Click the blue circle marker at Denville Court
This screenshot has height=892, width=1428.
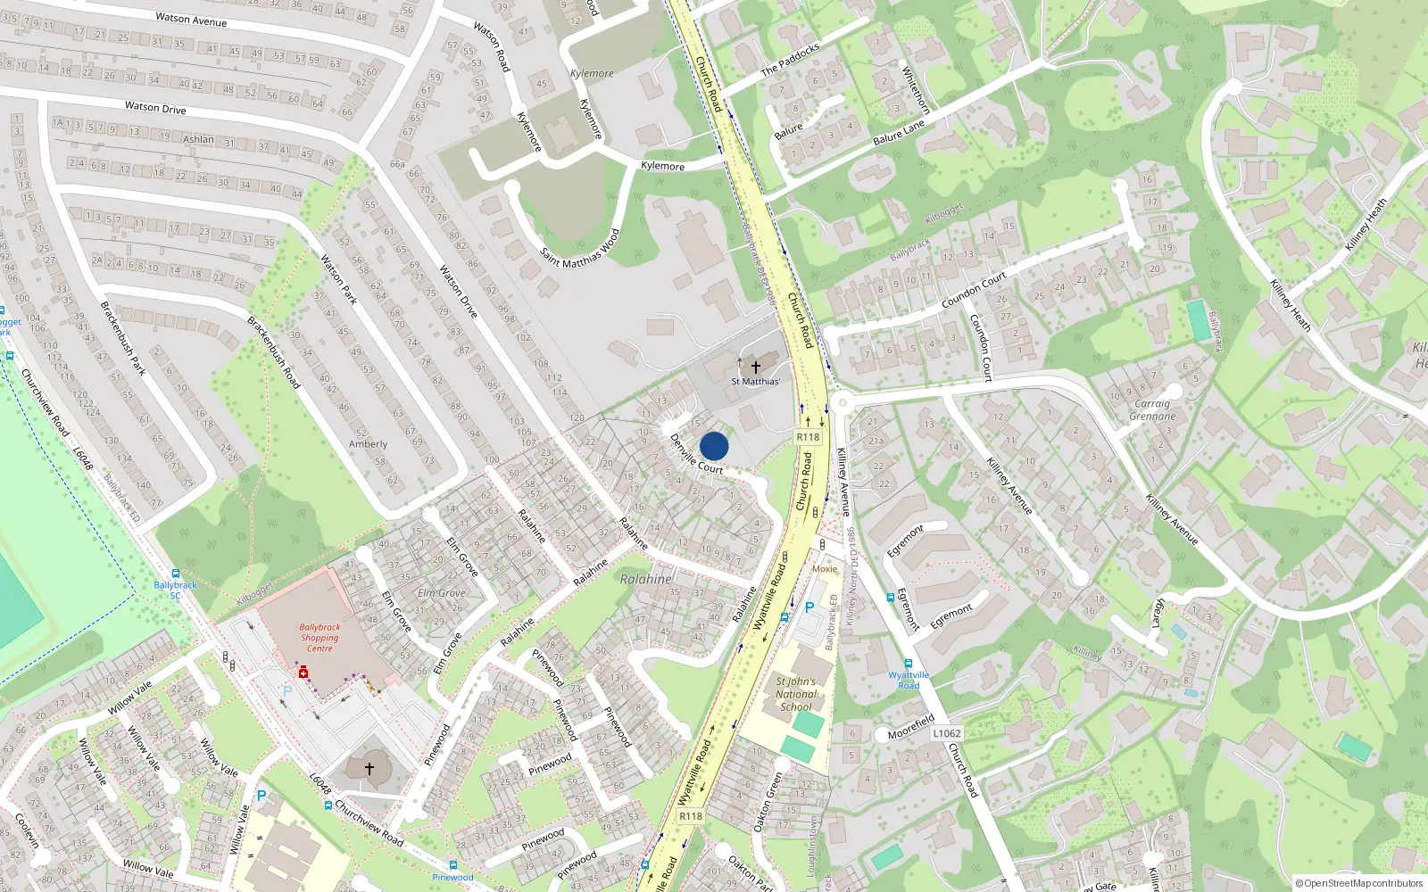714,446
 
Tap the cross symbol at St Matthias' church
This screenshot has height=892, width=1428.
756,367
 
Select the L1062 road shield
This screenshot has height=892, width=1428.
947,733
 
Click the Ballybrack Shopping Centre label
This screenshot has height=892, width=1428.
320,638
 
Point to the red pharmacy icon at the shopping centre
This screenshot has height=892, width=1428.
303,672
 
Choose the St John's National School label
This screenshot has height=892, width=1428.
796,694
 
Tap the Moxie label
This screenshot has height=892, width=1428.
825,569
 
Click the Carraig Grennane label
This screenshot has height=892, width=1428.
1152,409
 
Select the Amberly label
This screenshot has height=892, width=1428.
368,444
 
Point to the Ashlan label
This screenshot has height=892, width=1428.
198,139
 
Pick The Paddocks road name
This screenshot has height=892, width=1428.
790,60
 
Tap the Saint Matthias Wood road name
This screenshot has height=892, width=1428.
580,249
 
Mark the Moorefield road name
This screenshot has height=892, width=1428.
911,727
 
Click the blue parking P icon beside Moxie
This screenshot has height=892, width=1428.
809,607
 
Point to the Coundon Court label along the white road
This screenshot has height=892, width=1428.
974,291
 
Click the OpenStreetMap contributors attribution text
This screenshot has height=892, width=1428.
1359,883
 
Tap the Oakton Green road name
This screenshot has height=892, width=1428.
768,802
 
